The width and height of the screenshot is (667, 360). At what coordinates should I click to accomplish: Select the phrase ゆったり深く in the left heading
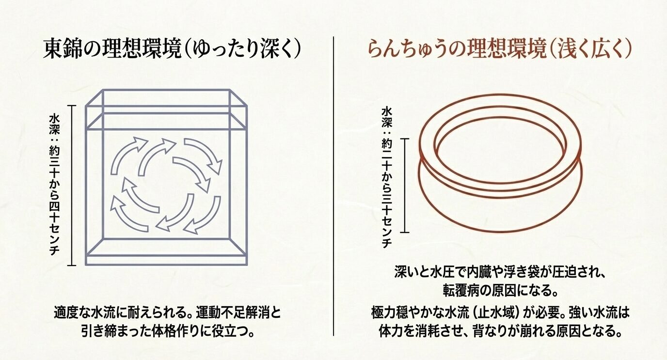pyautogui.click(x=247, y=50)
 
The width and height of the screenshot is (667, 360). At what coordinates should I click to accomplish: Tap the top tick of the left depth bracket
pyautogui.click(x=72, y=106)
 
